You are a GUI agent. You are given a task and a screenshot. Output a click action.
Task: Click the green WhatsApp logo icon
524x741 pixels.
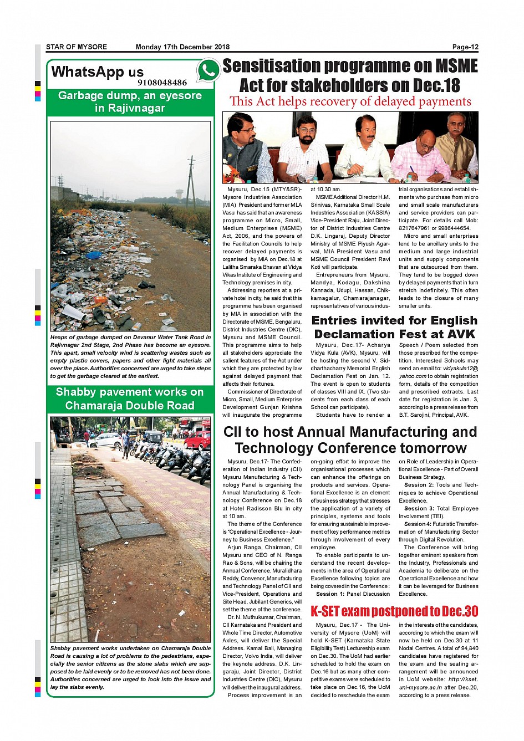208,70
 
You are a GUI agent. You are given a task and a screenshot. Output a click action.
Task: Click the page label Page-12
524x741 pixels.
465,47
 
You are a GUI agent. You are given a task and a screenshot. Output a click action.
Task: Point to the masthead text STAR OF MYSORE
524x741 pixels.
77,47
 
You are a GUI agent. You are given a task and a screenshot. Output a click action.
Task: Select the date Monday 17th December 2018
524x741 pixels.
182,47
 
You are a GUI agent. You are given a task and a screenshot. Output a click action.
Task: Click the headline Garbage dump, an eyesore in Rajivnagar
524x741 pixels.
130,102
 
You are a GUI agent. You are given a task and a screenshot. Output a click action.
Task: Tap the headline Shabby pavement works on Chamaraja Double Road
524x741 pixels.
130,399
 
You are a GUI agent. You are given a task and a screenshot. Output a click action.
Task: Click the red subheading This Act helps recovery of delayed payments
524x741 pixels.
350,101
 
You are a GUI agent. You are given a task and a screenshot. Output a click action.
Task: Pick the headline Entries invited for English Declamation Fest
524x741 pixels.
394,327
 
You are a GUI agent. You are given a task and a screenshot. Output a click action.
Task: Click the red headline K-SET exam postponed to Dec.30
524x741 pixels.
394,611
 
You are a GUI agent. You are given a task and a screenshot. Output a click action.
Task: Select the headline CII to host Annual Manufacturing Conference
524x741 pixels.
350,440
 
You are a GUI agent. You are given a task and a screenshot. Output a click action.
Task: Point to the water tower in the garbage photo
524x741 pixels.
180,194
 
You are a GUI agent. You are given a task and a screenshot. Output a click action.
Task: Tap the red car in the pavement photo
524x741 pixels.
197,440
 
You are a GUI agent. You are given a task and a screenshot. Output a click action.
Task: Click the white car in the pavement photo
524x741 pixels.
105,441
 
